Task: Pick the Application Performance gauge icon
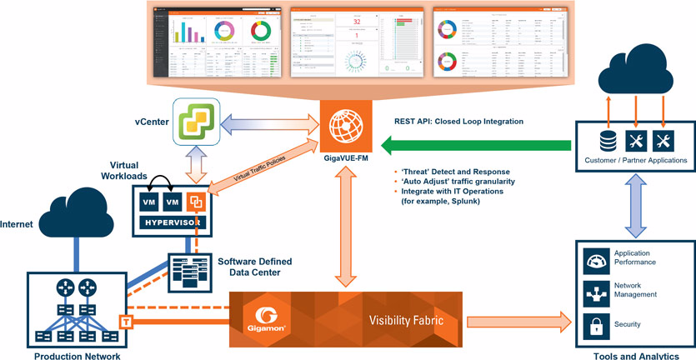pyautogui.click(x=594, y=261)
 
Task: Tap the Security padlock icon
pyautogui.click(x=594, y=324)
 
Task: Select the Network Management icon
pyautogui.click(x=594, y=292)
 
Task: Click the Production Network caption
pyautogui.click(x=77, y=356)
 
